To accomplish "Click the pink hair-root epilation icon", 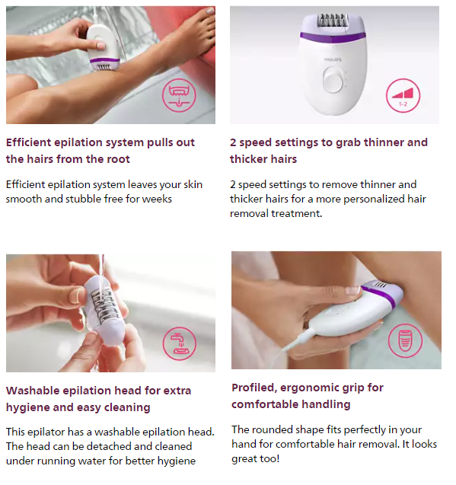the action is tap(179, 95).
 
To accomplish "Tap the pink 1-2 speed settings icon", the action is tap(403, 96).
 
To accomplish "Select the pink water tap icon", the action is tap(180, 343).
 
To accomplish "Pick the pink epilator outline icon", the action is tap(405, 340).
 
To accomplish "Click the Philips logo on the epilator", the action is tap(333, 59).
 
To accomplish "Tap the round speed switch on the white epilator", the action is tap(333, 80).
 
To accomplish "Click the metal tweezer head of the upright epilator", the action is tap(331, 21).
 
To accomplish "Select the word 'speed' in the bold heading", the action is tap(255, 142).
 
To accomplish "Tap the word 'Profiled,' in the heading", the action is tap(254, 388).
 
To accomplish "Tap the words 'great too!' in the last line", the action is tap(256, 458).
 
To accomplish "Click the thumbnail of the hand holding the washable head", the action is tap(110, 313).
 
